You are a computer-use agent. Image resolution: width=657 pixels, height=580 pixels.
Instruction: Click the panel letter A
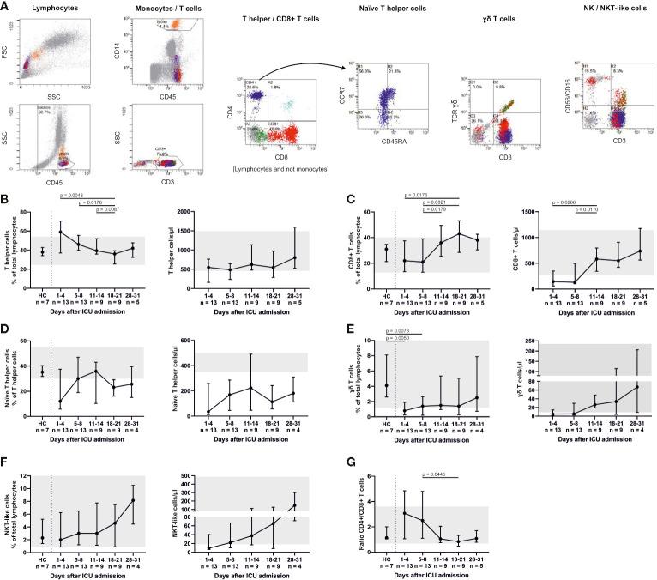(5, 7)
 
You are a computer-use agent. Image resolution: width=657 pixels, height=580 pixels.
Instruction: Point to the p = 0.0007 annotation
(111, 208)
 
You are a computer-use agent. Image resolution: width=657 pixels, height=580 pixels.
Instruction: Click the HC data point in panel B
(40, 251)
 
